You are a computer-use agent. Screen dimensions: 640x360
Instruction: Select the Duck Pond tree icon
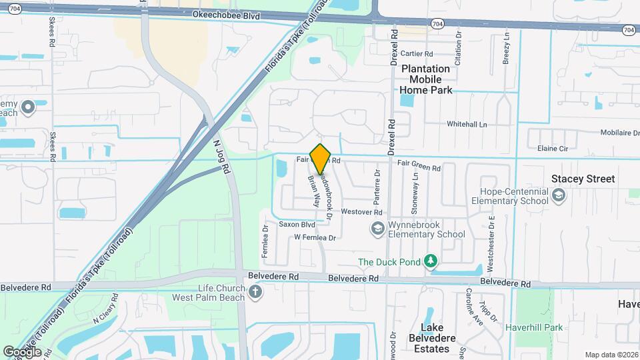(431, 261)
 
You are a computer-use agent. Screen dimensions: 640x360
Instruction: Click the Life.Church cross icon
(255, 292)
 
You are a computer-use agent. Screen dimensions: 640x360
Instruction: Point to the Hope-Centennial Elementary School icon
(559, 195)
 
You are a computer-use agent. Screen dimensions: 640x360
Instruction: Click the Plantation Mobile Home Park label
(425, 79)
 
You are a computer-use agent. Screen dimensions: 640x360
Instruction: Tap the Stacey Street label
(583, 179)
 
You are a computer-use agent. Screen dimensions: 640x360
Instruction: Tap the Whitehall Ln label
(467, 125)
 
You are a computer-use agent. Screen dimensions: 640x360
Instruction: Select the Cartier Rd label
(417, 53)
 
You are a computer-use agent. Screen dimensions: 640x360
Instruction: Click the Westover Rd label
(361, 212)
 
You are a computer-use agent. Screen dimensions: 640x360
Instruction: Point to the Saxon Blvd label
(296, 225)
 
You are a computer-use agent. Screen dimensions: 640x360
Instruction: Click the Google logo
(22, 351)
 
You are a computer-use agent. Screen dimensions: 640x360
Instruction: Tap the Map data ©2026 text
(611, 355)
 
